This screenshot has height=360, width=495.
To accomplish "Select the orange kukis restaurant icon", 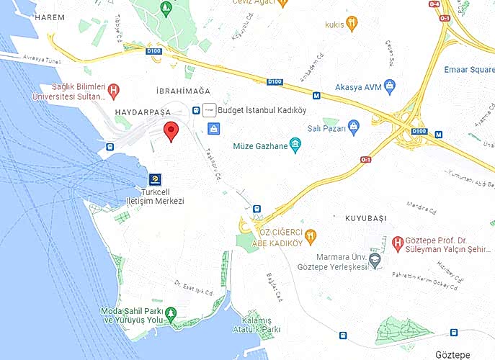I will [352, 24].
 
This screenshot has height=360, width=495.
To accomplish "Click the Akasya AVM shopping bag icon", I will [390, 87].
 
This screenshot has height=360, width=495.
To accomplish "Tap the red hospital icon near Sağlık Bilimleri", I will [113, 91].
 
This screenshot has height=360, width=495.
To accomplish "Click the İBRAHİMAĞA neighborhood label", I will [182, 91].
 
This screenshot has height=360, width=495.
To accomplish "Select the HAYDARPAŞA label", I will [142, 113].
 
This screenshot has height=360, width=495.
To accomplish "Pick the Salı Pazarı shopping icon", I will [353, 127].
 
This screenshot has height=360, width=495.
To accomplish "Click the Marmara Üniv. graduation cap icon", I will [374, 258].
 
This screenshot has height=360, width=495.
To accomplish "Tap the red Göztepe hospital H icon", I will [398, 241].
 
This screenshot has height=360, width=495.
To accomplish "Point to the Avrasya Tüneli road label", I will [33, 58].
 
